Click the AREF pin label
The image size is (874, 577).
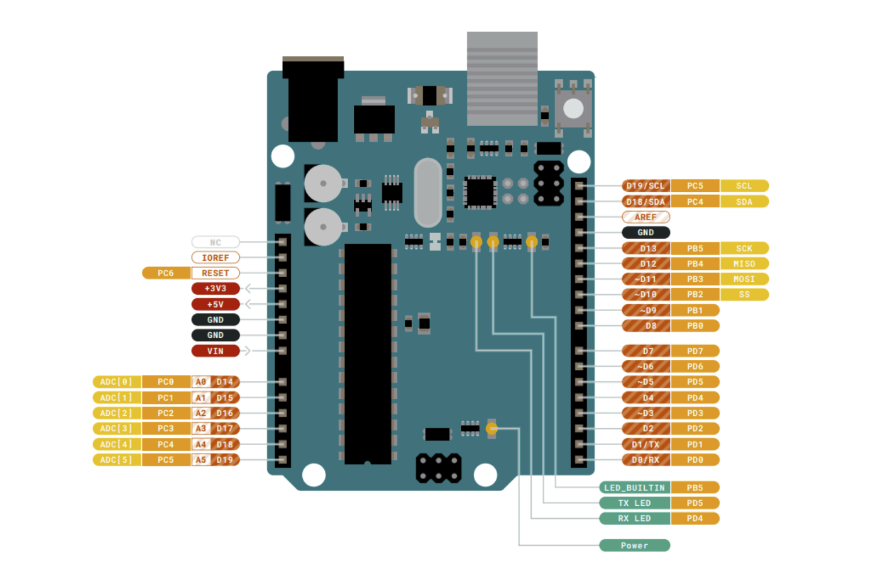click(645, 217)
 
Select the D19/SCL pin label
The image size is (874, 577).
click(645, 186)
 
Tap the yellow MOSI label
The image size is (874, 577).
click(744, 279)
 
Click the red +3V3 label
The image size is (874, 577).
click(215, 288)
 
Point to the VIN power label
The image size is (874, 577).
click(215, 351)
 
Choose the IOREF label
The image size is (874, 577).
click(215, 257)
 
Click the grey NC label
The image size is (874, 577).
click(215, 242)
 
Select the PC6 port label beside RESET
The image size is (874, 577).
click(165, 273)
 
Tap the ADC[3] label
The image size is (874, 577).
click(116, 428)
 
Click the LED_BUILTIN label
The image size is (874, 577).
click(634, 487)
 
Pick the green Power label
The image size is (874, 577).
click(634, 545)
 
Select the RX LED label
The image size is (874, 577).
click(634, 518)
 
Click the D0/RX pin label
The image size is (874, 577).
click(645, 460)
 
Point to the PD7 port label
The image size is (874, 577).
click(695, 351)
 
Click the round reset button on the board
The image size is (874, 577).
click(573, 108)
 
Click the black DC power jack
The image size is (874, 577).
click(312, 99)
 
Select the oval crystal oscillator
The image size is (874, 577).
click(428, 192)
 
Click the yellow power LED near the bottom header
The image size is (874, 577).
click(491, 429)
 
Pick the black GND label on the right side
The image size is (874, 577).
click(645, 232)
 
